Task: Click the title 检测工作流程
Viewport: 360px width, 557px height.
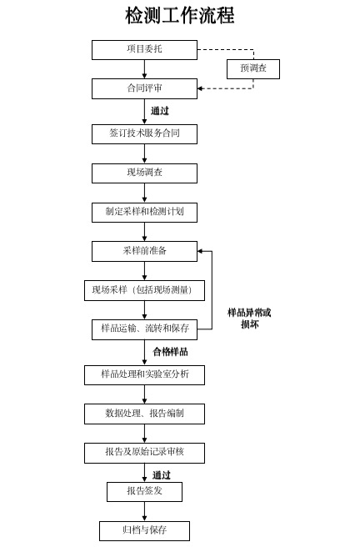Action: coord(179,15)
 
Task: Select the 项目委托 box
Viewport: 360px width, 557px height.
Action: coord(144,49)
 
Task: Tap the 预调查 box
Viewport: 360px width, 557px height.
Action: coord(252,68)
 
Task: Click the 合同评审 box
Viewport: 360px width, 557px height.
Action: coord(144,88)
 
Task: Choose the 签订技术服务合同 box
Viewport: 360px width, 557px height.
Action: coord(144,133)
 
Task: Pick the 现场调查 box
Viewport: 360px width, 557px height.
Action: coord(144,173)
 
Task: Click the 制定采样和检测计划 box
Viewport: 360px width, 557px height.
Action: coord(144,212)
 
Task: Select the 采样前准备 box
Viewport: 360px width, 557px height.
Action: coord(144,251)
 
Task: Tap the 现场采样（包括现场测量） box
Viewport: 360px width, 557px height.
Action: coord(144,290)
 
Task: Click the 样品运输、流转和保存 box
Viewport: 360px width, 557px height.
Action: coord(144,329)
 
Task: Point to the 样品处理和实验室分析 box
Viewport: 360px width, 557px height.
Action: coord(144,374)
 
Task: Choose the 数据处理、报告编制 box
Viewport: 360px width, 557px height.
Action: coord(144,414)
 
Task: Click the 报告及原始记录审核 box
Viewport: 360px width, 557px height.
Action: coord(144,453)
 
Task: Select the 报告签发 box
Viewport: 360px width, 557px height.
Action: coord(144,491)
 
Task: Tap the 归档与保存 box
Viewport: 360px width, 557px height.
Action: coord(144,530)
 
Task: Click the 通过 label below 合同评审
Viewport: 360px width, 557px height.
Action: coord(160,111)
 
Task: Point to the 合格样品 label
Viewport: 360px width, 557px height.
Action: coord(170,352)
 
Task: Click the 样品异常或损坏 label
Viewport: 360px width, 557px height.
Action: coord(249,318)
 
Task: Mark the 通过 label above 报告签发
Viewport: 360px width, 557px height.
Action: coord(162,474)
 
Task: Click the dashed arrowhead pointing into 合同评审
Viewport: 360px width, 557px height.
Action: coord(201,88)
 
